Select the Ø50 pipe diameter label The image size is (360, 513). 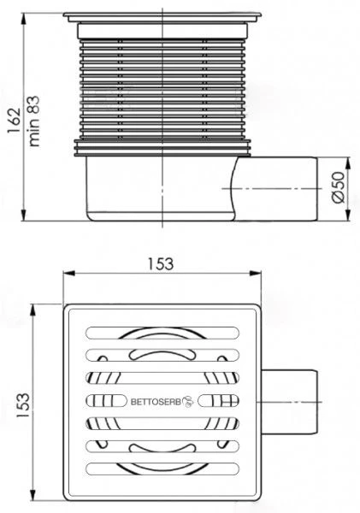coord(339,187)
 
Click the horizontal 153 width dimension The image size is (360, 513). coord(161,263)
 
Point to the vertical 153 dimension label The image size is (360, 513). coord(24,404)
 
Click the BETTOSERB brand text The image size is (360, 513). coord(156,402)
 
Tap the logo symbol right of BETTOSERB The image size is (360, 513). coord(188,401)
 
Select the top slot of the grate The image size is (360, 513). coord(162,333)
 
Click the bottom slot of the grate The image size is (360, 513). coord(162,469)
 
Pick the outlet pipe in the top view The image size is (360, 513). coord(289,402)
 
